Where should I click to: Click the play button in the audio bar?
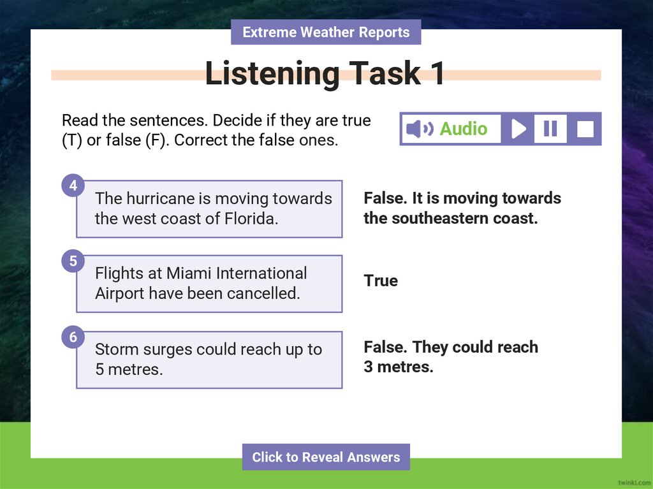click(x=518, y=129)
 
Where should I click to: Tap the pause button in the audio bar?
click(x=550, y=129)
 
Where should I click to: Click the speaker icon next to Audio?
click(x=418, y=129)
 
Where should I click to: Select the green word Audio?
click(x=464, y=129)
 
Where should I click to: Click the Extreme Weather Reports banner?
click(x=326, y=32)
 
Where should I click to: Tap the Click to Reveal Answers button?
click(x=326, y=457)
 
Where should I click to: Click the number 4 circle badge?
click(x=73, y=186)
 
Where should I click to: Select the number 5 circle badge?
click(x=73, y=261)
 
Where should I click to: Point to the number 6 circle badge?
click(x=73, y=337)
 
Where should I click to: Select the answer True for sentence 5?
click(x=381, y=281)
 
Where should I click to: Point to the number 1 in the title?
click(x=437, y=74)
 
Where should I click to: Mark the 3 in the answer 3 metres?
click(x=369, y=367)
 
